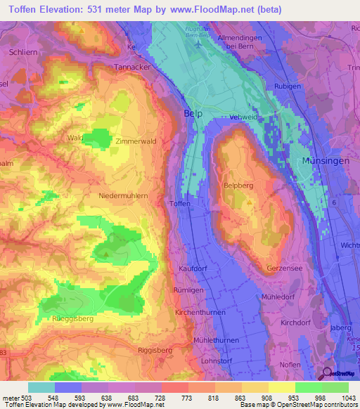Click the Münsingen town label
[324, 161]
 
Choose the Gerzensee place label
[285, 269]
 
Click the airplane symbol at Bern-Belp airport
[200, 44]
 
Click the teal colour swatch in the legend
[41, 387]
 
